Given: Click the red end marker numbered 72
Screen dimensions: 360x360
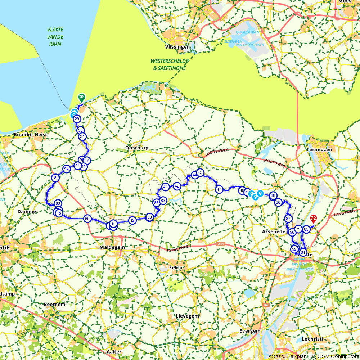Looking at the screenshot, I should (314, 218).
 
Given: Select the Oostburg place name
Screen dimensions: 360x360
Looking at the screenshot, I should (137, 148).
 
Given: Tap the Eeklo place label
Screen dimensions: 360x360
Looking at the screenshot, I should (176, 267).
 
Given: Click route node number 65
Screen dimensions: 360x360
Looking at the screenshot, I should (87, 219).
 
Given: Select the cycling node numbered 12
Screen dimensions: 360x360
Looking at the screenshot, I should (132, 220).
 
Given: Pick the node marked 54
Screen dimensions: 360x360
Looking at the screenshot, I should (66, 168).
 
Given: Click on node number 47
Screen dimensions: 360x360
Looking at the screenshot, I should (219, 189).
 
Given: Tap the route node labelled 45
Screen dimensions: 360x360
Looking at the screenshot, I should (200, 172).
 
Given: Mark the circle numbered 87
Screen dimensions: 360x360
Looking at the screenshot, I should (288, 219).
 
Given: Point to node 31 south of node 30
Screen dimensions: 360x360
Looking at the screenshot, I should (82, 136).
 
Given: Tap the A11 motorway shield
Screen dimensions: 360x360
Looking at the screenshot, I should (221, 244).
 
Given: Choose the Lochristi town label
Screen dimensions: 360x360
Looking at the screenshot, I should (312, 339).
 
